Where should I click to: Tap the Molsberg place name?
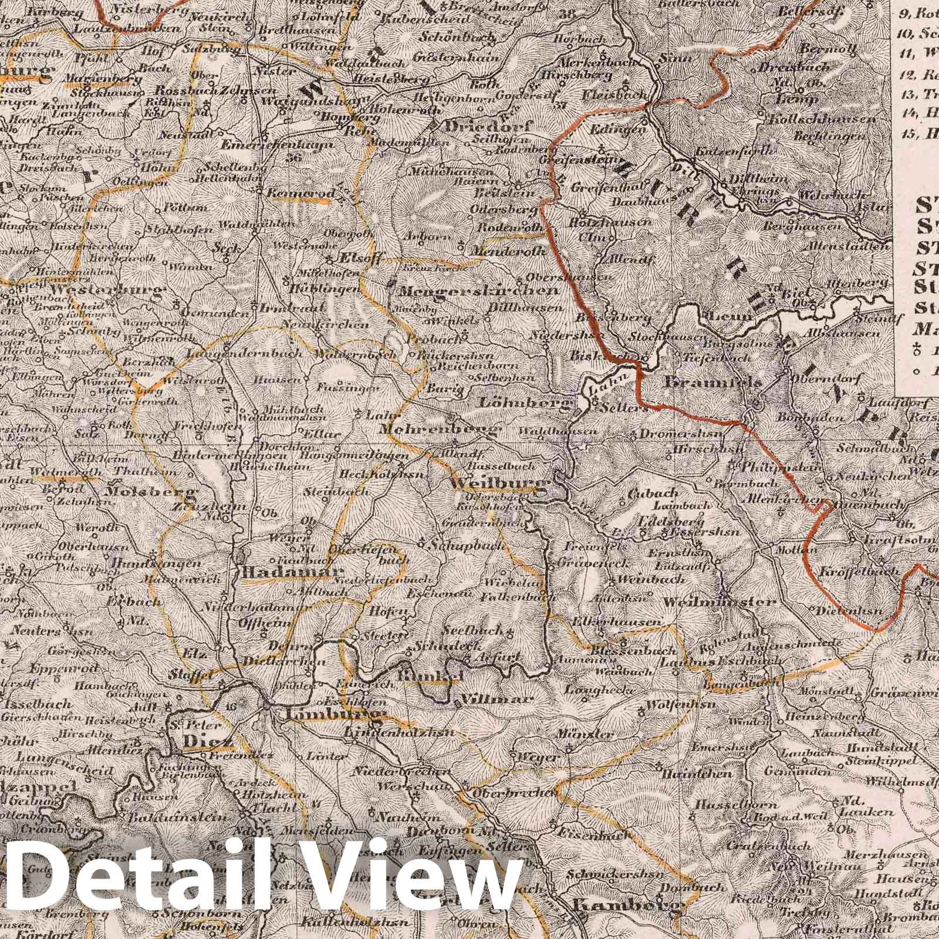click(151, 492)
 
